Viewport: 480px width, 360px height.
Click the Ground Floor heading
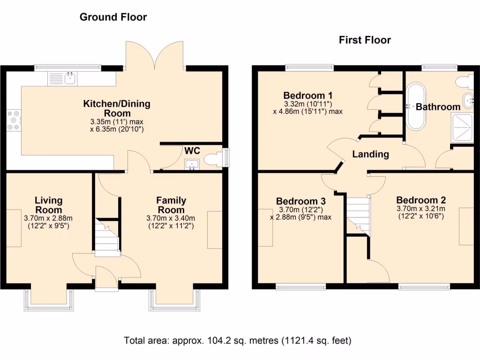point(113,17)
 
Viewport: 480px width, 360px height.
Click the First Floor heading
point(365,40)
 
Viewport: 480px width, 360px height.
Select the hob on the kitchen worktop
point(14,120)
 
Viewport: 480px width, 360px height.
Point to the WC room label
point(192,150)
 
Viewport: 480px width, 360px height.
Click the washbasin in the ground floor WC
point(192,164)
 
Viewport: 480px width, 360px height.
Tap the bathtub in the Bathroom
point(416,106)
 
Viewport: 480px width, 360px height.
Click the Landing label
point(370,154)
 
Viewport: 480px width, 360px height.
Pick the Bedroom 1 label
point(307,96)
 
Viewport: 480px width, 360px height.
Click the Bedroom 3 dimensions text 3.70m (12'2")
point(301,210)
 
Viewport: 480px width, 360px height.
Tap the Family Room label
point(171,205)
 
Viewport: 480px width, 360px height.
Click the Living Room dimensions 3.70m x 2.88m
point(48,218)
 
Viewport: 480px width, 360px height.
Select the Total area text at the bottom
point(238,340)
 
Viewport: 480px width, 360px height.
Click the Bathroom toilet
point(465,82)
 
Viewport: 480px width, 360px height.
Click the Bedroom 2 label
point(421,200)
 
